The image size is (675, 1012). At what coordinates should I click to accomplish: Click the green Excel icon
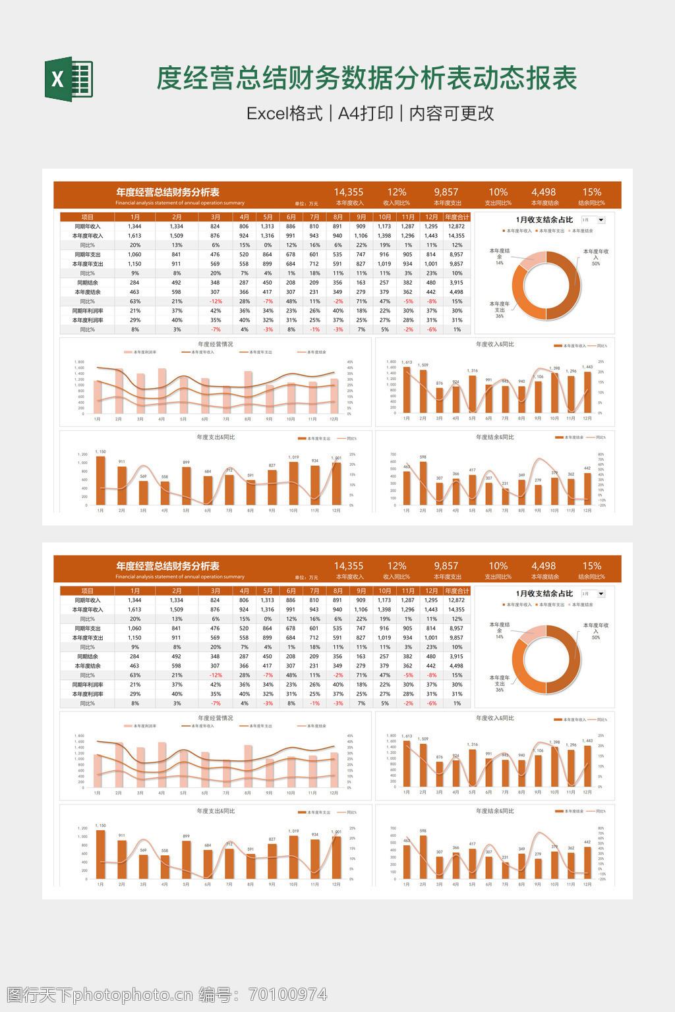[69, 80]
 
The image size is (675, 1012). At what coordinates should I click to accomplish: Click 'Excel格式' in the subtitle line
[284, 113]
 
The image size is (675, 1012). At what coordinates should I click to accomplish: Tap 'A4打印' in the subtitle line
[365, 113]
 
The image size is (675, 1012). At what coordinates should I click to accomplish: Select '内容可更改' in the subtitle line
[452, 113]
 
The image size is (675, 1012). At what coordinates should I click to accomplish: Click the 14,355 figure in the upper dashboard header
[349, 192]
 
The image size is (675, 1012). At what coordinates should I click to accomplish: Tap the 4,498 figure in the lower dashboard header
[544, 566]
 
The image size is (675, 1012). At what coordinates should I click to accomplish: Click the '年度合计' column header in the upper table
[456, 217]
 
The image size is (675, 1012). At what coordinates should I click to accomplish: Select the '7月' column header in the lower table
[314, 591]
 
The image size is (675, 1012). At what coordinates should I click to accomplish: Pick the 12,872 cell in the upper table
[456, 227]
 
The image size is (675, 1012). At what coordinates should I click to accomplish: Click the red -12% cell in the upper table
[216, 302]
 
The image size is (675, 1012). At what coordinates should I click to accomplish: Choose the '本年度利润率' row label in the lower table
[88, 694]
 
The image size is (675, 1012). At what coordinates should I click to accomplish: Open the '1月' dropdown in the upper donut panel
[593, 220]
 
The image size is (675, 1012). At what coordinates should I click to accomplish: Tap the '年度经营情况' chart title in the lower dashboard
[216, 718]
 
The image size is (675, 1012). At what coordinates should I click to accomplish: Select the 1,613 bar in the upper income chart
[407, 390]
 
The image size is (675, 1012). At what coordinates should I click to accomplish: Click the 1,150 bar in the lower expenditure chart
[100, 855]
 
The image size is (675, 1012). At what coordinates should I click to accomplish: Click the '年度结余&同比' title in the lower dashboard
[495, 811]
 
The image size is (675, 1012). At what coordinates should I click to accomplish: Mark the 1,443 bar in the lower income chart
[587, 766]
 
